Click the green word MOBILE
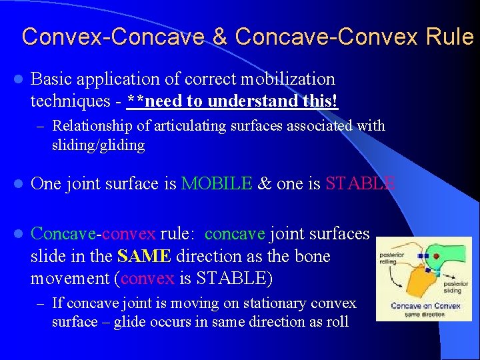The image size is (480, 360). click(x=217, y=183)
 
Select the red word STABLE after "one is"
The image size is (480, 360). click(x=361, y=183)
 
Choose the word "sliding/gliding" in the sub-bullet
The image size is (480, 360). click(x=98, y=145)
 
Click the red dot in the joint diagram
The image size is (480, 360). click(x=436, y=255)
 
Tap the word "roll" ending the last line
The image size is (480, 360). click(x=335, y=321)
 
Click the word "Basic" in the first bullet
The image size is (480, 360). click(x=53, y=79)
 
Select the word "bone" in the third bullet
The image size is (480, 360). click(x=312, y=257)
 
